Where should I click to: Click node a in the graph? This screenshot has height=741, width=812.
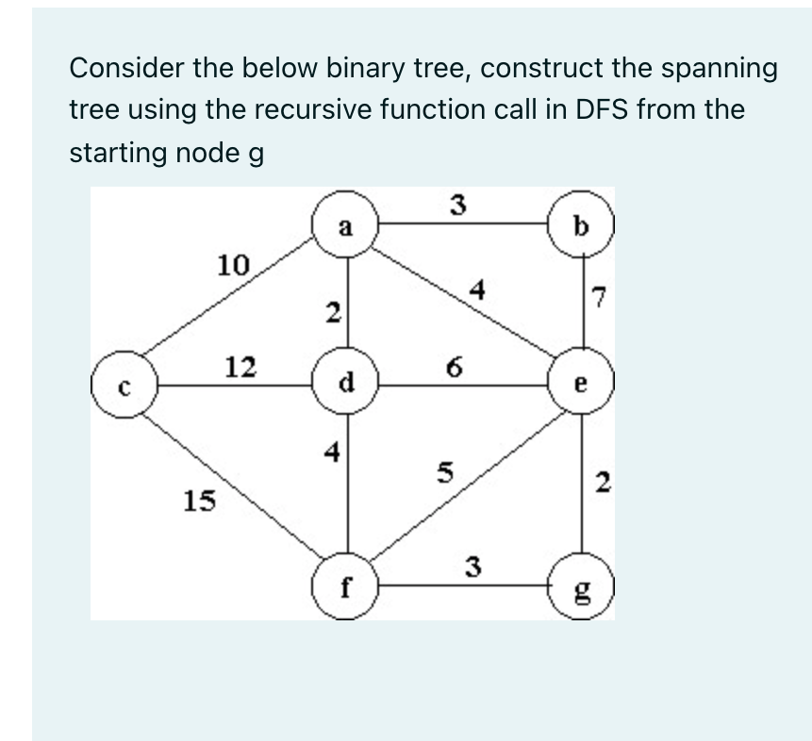tap(346, 225)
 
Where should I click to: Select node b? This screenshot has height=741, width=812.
tap(580, 225)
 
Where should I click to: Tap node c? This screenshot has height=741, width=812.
tap(124, 385)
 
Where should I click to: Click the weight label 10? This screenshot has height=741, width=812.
tap(233, 264)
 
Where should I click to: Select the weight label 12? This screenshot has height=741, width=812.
tap(241, 366)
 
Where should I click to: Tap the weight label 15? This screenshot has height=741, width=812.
tap(198, 501)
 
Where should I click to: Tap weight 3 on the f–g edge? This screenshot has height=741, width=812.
tap(474, 567)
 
